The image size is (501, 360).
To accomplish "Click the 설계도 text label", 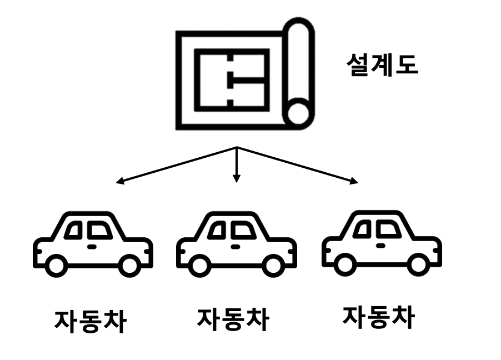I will [382, 66].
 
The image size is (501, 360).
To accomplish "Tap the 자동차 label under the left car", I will [90, 321].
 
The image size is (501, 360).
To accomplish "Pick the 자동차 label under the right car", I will [378, 316].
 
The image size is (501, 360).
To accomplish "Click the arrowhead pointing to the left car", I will [119, 181].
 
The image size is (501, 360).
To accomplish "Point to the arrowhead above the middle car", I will [237, 178].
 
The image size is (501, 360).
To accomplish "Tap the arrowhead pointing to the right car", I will [354, 181].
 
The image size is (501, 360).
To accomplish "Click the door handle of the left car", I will [92, 246].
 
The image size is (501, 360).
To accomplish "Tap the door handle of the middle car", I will [236, 246].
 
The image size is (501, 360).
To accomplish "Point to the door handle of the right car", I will [381, 244].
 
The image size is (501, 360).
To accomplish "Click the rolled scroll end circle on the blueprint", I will [299, 114].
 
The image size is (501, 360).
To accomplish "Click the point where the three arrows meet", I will [237, 147].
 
